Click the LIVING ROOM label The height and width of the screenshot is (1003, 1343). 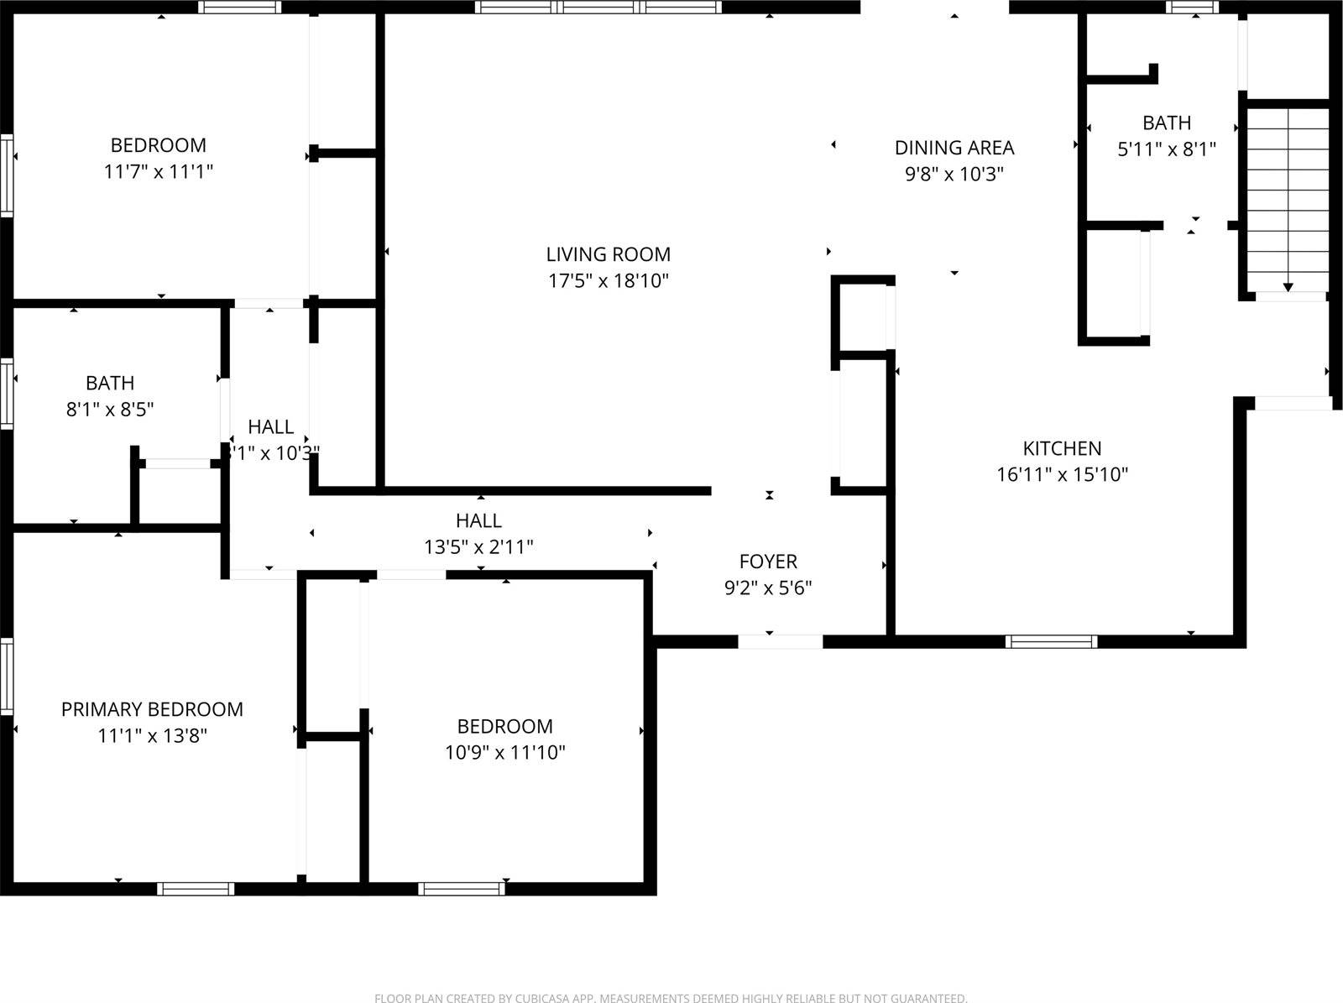(x=609, y=254)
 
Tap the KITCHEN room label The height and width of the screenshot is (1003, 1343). (x=1062, y=448)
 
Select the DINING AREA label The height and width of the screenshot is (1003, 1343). (x=954, y=148)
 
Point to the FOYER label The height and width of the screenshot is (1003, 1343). (x=768, y=562)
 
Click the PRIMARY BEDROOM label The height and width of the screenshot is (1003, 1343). (x=152, y=709)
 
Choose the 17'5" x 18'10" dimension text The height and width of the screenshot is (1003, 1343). (x=609, y=281)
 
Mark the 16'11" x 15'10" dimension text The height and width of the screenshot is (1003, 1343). (x=1062, y=475)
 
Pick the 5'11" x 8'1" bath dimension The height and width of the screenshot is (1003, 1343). (x=1167, y=149)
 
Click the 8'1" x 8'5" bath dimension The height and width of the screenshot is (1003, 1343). (x=110, y=410)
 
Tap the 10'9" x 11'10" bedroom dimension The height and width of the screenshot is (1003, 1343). (x=504, y=753)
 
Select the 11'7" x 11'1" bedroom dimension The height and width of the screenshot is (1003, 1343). (x=159, y=172)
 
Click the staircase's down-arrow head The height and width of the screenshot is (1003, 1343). (x=1288, y=288)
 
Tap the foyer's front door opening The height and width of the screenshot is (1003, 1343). (x=780, y=642)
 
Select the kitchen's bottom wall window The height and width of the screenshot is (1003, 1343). (x=1051, y=642)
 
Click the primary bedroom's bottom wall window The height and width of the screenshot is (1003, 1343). (x=196, y=889)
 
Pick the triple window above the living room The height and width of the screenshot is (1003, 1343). (x=598, y=8)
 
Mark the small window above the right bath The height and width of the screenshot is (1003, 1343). (x=1193, y=8)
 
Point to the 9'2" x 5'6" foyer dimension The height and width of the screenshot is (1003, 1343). (x=768, y=588)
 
